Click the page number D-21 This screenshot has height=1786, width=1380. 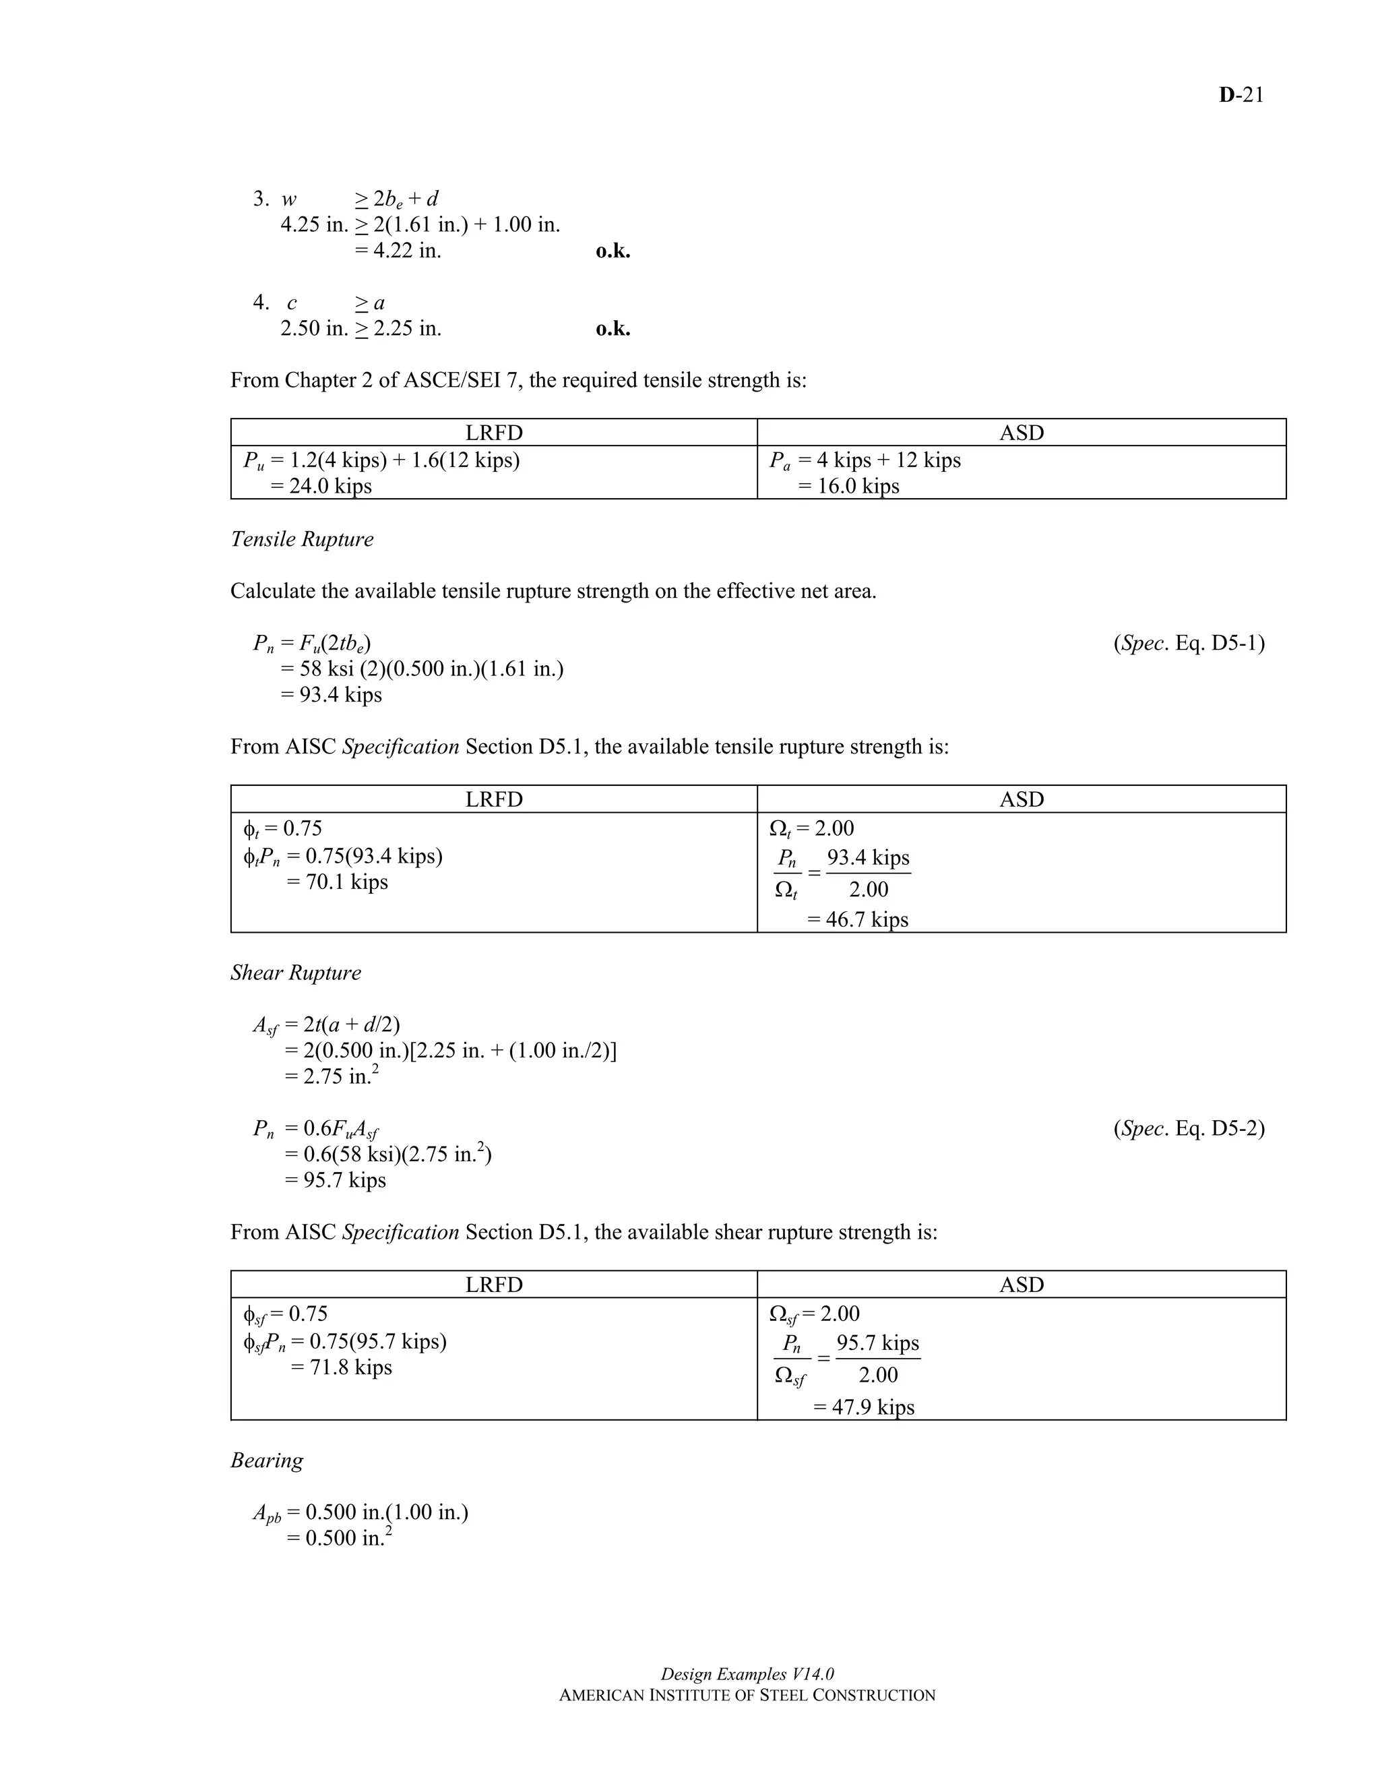[x=1241, y=95]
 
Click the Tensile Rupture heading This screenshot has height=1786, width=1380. [x=302, y=539]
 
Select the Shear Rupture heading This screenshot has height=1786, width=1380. [x=295, y=973]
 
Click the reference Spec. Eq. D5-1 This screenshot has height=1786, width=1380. [x=1189, y=643]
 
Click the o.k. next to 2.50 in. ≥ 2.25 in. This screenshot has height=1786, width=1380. [x=613, y=329]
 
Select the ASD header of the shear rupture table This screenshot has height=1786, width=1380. [x=1021, y=1284]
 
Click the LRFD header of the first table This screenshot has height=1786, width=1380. [x=494, y=433]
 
